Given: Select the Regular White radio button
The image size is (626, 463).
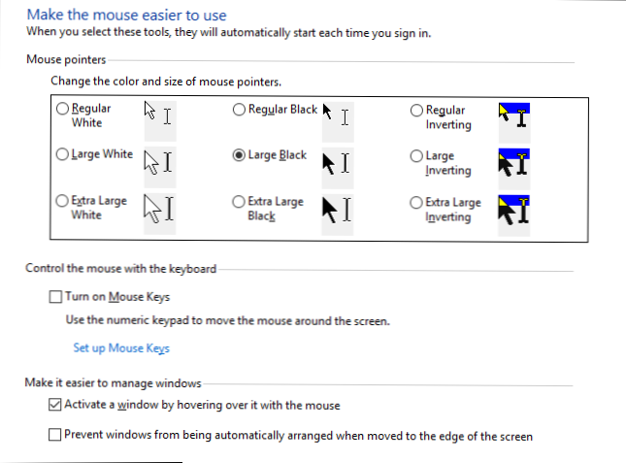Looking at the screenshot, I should pos(63,111).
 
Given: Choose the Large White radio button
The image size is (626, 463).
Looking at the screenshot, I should pos(63,154).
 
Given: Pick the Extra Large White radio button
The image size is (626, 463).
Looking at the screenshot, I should pos(63,201).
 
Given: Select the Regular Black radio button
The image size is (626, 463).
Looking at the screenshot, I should pos(239,111).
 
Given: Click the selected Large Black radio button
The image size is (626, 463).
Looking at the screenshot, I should pos(239,154).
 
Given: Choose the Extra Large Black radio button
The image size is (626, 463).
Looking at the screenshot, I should pos(239,201).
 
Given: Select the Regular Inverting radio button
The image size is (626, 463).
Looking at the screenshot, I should pos(416,111).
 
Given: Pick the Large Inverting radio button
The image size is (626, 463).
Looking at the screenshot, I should pos(416,155).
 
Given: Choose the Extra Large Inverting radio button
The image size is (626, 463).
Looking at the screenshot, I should pos(416,202).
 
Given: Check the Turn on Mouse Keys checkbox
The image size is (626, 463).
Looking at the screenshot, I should pos(55,297).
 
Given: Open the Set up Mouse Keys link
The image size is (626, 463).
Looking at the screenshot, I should pos(121,348).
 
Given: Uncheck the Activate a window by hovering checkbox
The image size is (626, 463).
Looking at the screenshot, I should pos(55,406).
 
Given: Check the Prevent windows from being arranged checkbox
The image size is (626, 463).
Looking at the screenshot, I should pos(55,436).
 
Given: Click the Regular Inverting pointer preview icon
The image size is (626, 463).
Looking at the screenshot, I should pos(513,116).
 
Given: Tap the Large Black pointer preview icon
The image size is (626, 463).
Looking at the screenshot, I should pos(336,161).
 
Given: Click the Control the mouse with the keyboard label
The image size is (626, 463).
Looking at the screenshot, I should pos(120,269).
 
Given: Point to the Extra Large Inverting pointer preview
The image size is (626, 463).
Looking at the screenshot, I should pos(513,210).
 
